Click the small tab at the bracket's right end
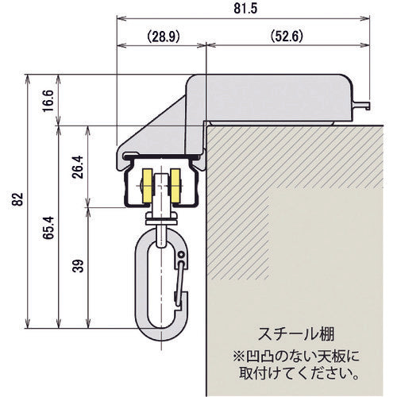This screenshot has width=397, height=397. (367, 102)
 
